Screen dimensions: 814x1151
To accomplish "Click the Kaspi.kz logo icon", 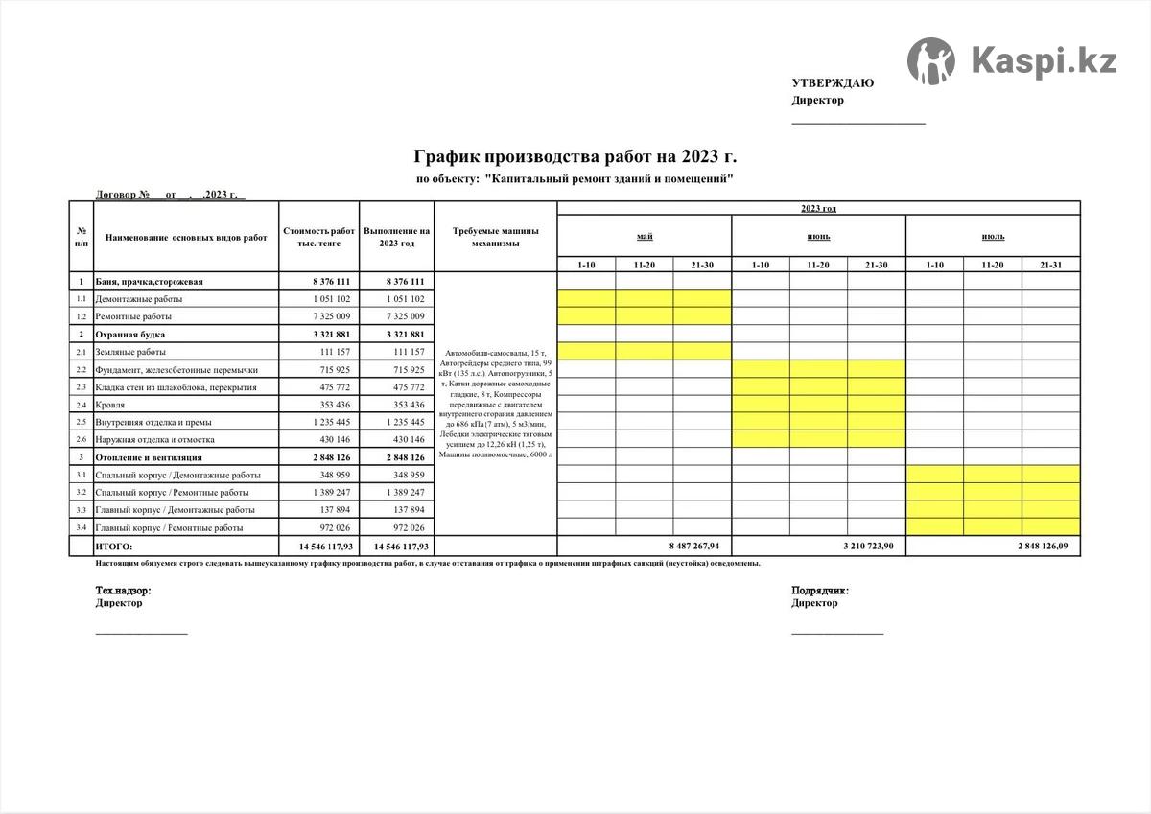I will [930, 61].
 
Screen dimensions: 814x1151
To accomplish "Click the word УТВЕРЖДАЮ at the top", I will [832, 83].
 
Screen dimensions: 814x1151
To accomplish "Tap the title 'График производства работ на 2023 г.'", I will [575, 156].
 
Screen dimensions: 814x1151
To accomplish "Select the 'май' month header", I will [644, 236].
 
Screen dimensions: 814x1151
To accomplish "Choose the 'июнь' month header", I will [818, 236].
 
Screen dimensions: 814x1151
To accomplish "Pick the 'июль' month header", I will [993, 236].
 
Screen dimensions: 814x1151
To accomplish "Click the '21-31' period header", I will [1050, 264].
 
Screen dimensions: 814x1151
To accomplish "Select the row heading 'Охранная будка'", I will [129, 335].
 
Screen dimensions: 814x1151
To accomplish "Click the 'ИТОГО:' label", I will [114, 547].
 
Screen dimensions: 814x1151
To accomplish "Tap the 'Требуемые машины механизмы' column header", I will [495, 237].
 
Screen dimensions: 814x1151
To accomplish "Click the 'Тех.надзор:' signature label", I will [123, 591].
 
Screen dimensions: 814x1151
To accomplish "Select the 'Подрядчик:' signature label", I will [819, 591].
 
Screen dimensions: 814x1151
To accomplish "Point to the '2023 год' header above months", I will [818, 208].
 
